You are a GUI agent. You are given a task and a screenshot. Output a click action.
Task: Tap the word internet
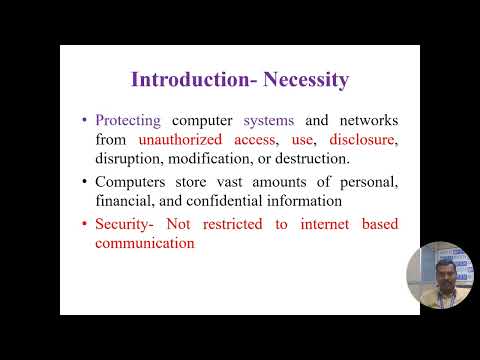320,224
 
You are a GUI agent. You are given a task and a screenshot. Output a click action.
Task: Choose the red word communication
144,242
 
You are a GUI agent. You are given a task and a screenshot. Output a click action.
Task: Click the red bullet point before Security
86,224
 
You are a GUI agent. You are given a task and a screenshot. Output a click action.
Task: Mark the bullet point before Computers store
86,181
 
